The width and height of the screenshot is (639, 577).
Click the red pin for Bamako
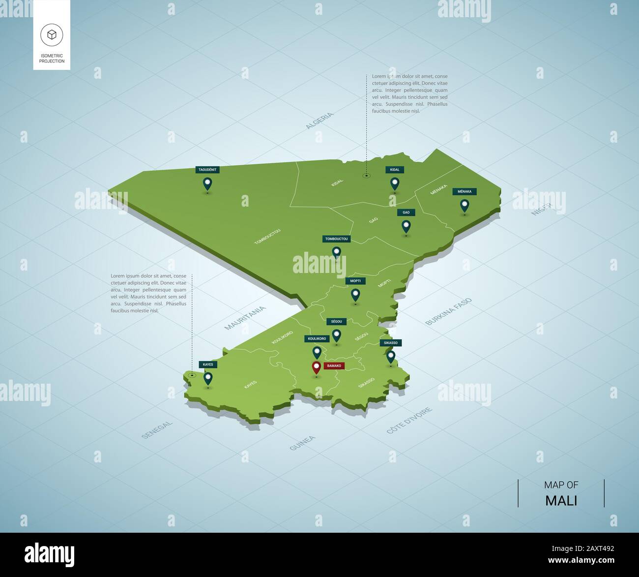click(316, 367)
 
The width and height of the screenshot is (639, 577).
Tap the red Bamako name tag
click(334, 366)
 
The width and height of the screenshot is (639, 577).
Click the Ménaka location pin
click(464, 205)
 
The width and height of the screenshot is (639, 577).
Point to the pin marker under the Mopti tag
click(355, 295)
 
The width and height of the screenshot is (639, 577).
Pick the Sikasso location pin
click(391, 356)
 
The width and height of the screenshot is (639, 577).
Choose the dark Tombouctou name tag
click(336, 239)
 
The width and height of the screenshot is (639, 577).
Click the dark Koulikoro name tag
click(317, 339)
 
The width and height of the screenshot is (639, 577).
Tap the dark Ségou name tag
click(337, 321)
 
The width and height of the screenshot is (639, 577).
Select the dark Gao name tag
click(406, 213)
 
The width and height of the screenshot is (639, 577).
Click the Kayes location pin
click(208, 378)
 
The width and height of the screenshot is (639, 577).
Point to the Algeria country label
click(319, 121)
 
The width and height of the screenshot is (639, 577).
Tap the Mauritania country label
click(245, 318)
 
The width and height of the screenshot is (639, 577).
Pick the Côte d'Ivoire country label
click(409, 420)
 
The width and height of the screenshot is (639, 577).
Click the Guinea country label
click(302, 443)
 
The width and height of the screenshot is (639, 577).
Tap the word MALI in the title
click(561, 501)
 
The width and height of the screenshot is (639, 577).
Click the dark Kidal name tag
click(395, 170)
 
